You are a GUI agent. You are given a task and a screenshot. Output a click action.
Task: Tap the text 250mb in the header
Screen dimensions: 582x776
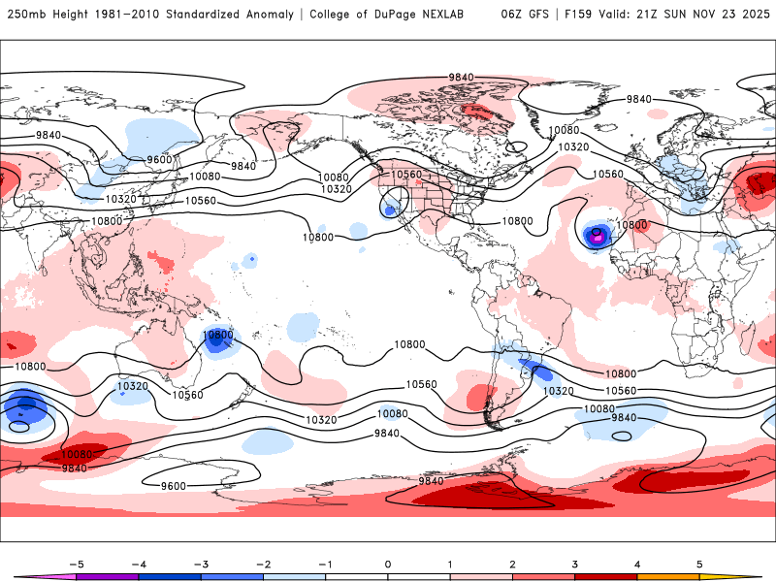[x=24, y=15]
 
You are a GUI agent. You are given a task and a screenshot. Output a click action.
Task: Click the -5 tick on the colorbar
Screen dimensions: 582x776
[x=75, y=564]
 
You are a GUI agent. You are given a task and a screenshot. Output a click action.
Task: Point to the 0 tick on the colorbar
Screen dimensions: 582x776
[x=388, y=564]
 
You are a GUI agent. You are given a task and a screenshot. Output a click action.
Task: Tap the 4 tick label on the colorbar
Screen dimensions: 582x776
[x=637, y=564]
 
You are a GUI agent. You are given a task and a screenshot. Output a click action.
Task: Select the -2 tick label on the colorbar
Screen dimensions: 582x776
[x=262, y=564]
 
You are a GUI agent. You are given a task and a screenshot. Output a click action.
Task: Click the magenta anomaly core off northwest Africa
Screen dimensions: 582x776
[x=598, y=235]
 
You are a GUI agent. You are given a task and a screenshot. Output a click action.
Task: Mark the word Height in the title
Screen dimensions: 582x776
[x=73, y=15]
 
